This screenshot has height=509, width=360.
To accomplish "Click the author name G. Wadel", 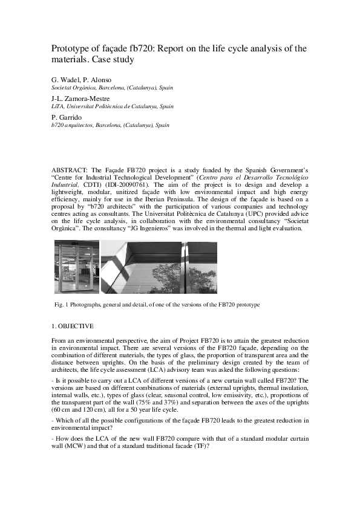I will pyautogui.click(x=63, y=80).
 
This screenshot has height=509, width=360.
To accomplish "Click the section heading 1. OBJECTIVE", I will pyautogui.click(x=74, y=326).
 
